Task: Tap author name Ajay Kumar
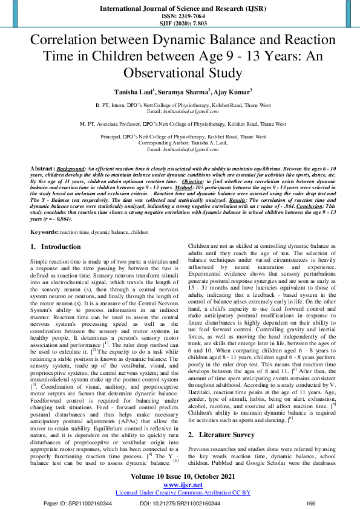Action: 232,92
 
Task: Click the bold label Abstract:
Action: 43,166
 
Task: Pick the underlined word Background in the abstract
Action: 71,166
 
